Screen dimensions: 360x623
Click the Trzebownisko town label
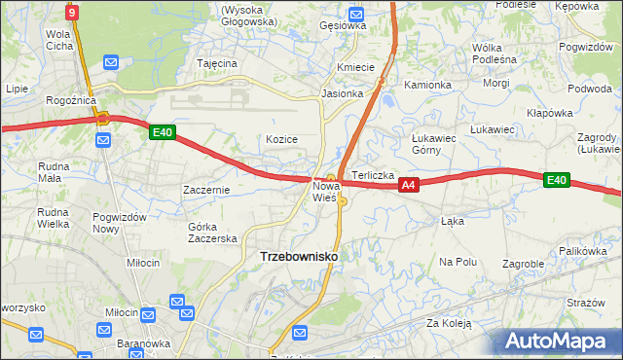point(299,256)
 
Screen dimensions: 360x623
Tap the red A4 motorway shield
point(409,184)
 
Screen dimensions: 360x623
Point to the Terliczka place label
point(372,175)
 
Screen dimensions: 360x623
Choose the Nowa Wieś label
point(324,191)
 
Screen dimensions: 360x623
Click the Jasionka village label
point(342,94)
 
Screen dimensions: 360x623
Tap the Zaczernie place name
point(206,190)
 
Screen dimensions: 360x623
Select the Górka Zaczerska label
point(212,233)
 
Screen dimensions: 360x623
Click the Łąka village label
point(452,221)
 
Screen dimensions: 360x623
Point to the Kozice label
point(281,139)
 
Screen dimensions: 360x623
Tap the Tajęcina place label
point(217,63)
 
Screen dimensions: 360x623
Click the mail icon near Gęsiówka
point(355,14)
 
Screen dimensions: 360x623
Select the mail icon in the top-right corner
point(590,5)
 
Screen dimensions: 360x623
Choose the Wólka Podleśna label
point(494,53)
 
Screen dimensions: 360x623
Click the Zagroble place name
point(523,264)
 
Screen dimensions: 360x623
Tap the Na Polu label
point(458,262)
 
